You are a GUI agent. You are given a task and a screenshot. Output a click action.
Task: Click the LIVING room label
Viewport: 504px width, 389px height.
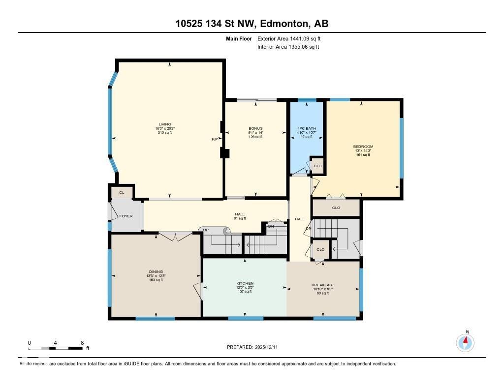(165, 124)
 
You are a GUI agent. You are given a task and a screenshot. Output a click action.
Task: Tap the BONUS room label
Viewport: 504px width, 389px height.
(255, 129)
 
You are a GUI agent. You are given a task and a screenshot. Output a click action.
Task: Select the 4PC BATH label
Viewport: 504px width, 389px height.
(306, 129)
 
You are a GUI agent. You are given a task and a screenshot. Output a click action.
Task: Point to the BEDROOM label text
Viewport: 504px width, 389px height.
(363, 147)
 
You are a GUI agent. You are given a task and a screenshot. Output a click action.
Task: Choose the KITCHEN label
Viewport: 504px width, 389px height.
(245, 284)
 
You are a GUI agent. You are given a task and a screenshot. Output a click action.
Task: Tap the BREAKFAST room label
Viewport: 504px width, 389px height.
(322, 285)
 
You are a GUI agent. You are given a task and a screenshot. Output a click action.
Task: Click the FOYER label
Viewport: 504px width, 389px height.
(126, 216)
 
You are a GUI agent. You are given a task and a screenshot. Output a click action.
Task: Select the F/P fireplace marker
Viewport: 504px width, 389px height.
(215, 140)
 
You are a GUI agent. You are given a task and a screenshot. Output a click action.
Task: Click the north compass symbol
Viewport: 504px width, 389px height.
(465, 342)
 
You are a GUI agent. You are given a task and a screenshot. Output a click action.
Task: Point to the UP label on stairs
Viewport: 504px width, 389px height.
(206, 230)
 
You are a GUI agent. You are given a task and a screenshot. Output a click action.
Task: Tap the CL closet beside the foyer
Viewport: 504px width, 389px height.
(122, 192)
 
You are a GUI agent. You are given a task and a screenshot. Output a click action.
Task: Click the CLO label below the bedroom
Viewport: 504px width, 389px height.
(336, 208)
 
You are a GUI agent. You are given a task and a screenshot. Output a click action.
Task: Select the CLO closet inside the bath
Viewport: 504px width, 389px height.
(317, 166)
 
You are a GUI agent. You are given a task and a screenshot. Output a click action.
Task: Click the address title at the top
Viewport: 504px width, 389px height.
(252, 24)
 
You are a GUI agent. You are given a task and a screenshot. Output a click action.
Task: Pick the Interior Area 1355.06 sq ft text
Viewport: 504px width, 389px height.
(288, 47)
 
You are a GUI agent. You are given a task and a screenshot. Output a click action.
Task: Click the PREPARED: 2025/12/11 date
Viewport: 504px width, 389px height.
(255, 347)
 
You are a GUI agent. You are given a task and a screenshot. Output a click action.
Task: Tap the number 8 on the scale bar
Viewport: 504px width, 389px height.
(82, 342)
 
